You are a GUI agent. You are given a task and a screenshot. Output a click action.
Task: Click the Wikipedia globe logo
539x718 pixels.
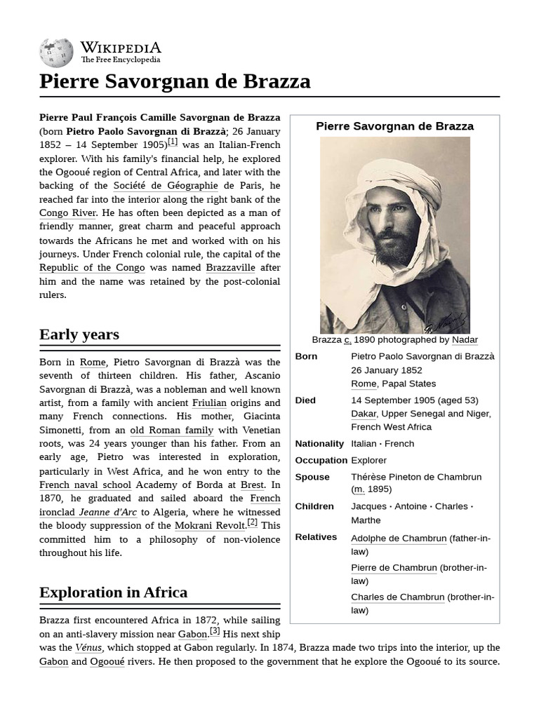(x=56, y=53)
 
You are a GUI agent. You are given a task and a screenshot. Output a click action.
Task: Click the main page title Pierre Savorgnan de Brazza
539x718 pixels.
(x=175, y=81)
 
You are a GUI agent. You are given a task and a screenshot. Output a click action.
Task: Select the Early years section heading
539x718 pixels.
(x=79, y=334)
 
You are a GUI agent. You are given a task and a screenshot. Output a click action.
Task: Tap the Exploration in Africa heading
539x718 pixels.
(x=113, y=592)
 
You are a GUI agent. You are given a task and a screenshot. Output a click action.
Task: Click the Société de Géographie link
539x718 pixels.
(x=166, y=186)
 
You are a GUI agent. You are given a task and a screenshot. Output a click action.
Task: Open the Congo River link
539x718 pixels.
(x=67, y=213)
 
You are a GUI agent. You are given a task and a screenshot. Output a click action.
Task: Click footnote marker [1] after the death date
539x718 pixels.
(x=173, y=142)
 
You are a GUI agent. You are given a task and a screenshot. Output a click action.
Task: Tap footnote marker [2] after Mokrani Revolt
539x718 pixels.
(x=253, y=522)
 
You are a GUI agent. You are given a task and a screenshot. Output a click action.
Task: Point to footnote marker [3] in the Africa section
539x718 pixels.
(x=215, y=631)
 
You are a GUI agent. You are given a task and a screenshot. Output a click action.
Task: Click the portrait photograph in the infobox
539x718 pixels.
(x=394, y=235)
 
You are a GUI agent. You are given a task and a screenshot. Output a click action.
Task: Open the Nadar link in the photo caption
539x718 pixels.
(x=465, y=340)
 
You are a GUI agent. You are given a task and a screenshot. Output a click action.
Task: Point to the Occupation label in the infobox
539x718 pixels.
(x=321, y=461)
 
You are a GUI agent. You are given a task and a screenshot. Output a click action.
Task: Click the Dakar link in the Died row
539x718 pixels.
(x=364, y=414)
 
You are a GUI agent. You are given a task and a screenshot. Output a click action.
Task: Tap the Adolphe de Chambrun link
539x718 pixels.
(x=399, y=538)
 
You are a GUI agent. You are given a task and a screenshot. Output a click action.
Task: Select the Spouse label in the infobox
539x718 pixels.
(x=312, y=477)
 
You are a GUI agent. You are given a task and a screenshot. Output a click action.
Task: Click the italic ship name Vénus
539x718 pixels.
(x=88, y=648)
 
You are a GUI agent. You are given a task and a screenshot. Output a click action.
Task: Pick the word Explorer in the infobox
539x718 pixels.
(x=368, y=461)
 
